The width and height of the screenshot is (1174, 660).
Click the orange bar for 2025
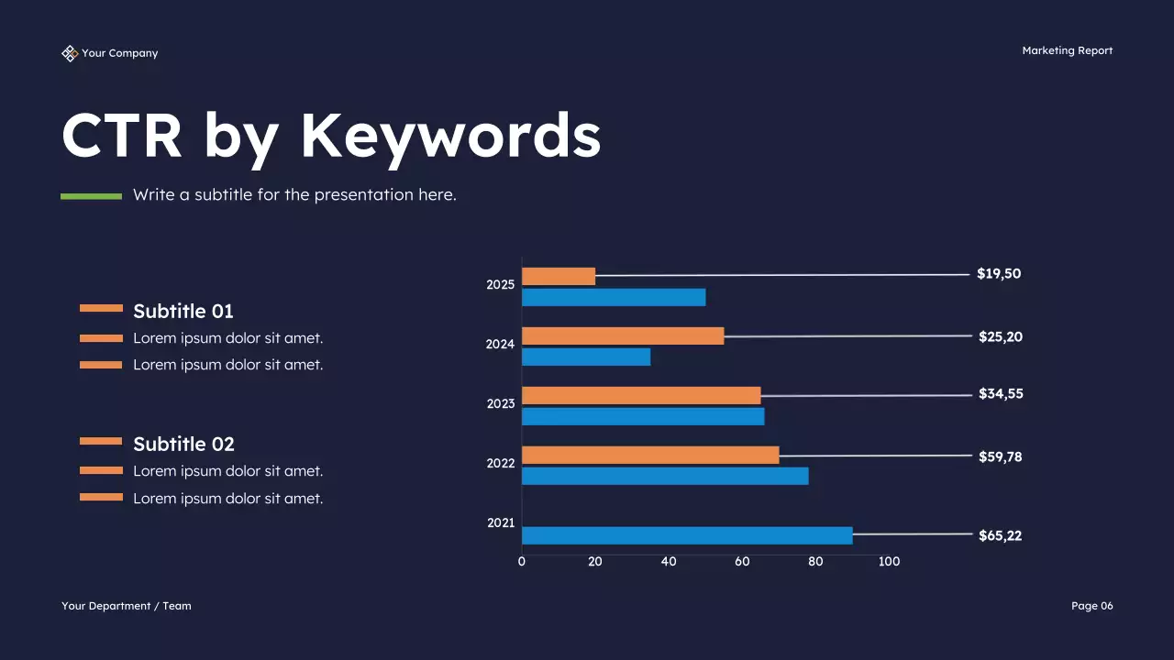click(559, 276)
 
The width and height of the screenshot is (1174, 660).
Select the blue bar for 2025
click(614, 297)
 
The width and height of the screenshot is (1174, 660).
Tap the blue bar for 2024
click(586, 357)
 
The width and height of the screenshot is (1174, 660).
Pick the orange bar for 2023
click(641, 395)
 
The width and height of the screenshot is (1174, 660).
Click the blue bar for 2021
click(687, 535)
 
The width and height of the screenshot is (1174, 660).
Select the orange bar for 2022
click(650, 455)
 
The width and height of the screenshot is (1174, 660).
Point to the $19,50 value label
click(999, 273)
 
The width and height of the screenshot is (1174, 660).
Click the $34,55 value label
click(1001, 393)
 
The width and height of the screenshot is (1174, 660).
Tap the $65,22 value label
click(1000, 535)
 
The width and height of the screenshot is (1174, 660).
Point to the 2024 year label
click(500, 345)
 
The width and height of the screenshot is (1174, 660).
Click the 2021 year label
click(500, 522)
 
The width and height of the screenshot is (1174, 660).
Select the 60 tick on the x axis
click(742, 561)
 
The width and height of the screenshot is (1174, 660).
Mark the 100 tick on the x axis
click(889, 561)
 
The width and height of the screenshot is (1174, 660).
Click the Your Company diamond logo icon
click(70, 53)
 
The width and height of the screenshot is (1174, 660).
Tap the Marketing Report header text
click(1067, 50)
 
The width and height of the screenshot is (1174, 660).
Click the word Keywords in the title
click(450, 136)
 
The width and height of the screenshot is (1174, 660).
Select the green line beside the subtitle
click(91, 195)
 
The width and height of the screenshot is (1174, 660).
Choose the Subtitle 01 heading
click(183, 311)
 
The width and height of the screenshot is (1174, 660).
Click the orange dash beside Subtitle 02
click(101, 441)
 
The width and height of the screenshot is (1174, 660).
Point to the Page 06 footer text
click(1091, 606)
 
